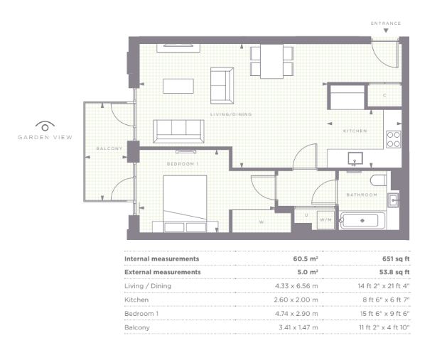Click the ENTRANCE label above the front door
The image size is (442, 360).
point(386,23)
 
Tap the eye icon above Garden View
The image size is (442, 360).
point(45,126)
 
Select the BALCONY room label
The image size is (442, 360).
point(109,148)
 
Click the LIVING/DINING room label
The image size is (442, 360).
point(231,114)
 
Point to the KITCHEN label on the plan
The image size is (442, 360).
point(355,131)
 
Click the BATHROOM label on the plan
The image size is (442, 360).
point(362,195)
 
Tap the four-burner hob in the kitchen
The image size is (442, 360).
point(393,139)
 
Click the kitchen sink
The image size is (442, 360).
point(355,158)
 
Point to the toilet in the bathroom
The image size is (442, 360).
point(379,180)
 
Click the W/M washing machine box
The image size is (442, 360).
point(325,219)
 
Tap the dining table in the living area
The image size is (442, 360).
point(271,61)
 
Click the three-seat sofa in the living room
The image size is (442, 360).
point(178,131)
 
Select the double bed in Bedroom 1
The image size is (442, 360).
point(185,203)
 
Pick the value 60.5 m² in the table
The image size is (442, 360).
point(306,258)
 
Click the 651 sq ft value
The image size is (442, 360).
point(396,258)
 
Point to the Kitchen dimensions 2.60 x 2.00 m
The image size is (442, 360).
point(296,300)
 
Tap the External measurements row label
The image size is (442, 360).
point(162,272)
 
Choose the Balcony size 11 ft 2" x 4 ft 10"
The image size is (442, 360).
point(384,327)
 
